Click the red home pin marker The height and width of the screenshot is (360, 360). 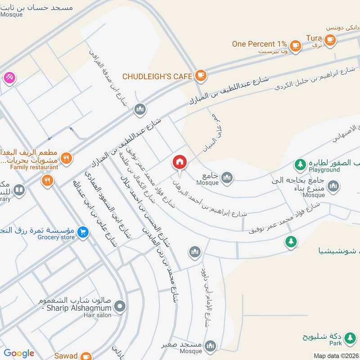coord(180,162)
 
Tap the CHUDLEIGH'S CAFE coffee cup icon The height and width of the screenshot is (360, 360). coord(201,76)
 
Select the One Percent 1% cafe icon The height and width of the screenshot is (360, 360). coord(296,45)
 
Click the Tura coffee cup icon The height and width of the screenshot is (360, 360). coord(330,40)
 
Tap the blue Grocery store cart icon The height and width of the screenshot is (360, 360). coord(82,232)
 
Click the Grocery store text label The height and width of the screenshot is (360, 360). coord(56,238)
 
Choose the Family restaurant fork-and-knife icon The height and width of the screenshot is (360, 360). coord(66,157)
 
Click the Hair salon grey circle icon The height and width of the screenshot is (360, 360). coord(120,307)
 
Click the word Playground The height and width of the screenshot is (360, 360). coord(324,170)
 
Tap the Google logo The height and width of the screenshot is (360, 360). coord(19,354)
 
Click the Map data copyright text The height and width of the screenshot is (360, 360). coord(336,356)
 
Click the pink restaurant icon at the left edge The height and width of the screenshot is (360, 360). coord(9,77)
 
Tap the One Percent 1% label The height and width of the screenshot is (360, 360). coord(259,44)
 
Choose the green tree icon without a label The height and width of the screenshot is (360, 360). coord(291,242)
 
